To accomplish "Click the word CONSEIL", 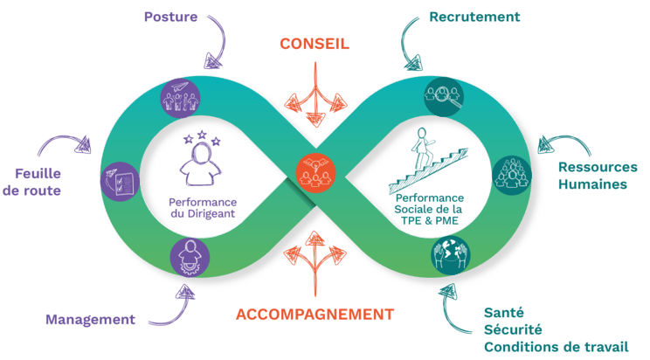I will [x=314, y=44].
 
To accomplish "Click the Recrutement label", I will [x=476, y=17].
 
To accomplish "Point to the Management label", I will [x=92, y=319].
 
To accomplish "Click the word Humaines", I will [x=593, y=184].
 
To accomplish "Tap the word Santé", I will [x=504, y=311].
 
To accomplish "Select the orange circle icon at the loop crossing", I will [x=315, y=172].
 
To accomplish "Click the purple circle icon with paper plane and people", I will [x=182, y=95].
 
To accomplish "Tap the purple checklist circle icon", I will [x=120, y=180].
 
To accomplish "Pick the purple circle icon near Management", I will [x=190, y=257].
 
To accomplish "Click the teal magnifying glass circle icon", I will [x=444, y=96].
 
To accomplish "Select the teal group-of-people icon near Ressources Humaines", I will [x=511, y=173].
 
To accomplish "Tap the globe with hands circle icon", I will [x=449, y=254].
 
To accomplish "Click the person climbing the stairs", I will [x=425, y=149].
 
